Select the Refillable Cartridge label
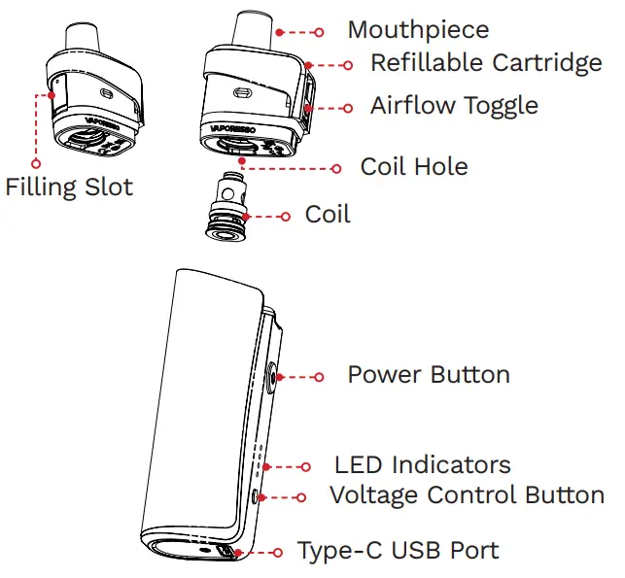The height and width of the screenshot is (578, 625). [x=485, y=64]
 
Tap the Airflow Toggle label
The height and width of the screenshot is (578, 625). [x=453, y=105]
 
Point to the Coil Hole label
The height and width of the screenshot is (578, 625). [x=413, y=166]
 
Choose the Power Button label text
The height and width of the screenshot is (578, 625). [x=428, y=374]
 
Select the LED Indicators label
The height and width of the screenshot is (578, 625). [x=422, y=465]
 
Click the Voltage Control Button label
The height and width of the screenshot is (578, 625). [x=467, y=494]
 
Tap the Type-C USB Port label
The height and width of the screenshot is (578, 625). [x=398, y=551]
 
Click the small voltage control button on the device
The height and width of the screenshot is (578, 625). [x=256, y=495]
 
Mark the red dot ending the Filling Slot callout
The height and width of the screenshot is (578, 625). [x=40, y=95]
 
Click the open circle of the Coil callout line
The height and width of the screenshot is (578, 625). [x=284, y=216]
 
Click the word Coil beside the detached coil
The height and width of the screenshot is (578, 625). [x=328, y=214]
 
